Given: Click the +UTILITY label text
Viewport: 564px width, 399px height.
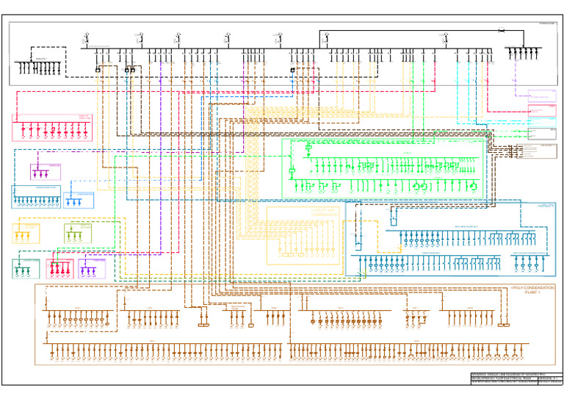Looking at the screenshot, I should pyautogui.click(x=545, y=206).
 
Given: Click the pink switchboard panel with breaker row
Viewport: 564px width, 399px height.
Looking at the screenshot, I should pyautogui.click(x=52, y=128).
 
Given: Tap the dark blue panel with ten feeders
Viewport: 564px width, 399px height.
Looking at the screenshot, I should pyautogui.click(x=36, y=198).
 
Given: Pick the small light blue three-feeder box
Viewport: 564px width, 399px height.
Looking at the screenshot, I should pyautogui.click(x=79, y=200).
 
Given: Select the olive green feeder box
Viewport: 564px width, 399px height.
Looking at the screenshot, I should pyautogui.click(x=78, y=233).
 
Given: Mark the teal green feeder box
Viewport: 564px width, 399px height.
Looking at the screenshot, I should pyautogui.click(x=27, y=267).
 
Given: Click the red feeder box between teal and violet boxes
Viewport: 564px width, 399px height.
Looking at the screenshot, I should pyautogui.click(x=60, y=268).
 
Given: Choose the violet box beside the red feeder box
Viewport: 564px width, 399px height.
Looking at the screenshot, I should pyautogui.click(x=93, y=268).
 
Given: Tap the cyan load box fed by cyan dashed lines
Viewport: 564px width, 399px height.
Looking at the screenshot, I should pyautogui.click(x=542, y=112).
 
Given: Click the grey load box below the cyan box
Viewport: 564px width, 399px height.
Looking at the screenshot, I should pyautogui.click(x=542, y=134).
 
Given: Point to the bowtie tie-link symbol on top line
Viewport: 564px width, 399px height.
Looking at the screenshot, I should pyautogui.click(x=500, y=31).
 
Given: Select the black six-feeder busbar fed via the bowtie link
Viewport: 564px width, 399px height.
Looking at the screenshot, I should pyautogui.click(x=522, y=52).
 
